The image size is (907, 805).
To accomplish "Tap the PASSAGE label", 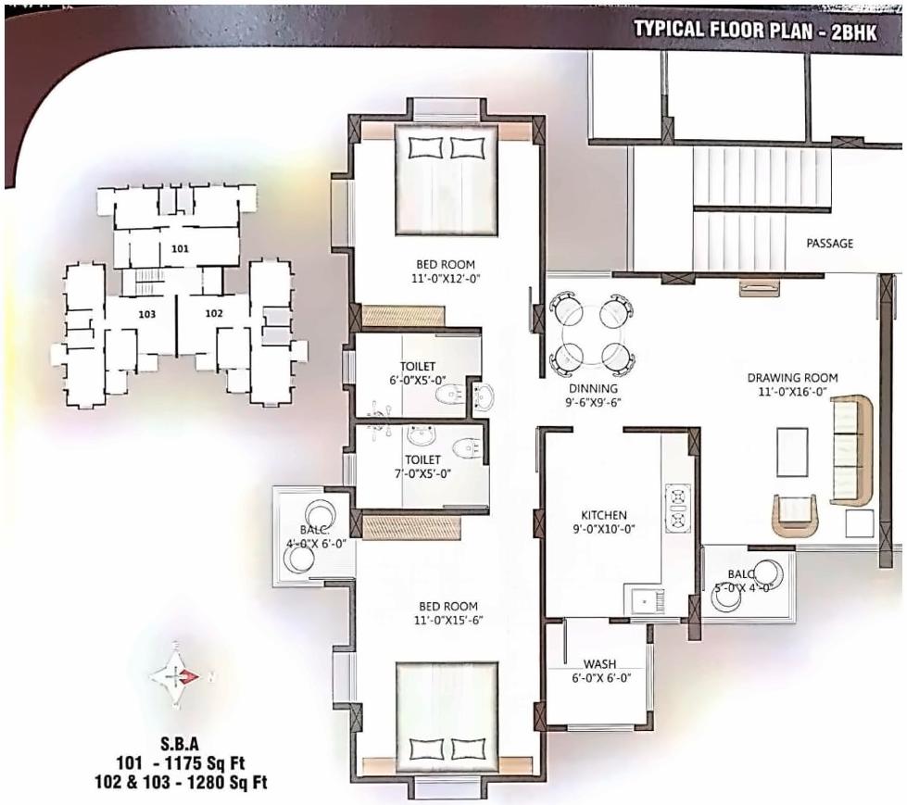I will pyautogui.click(x=829, y=244).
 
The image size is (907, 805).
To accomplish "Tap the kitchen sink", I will pyautogui.click(x=642, y=600).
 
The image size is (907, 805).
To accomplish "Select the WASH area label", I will pyautogui.click(x=599, y=664).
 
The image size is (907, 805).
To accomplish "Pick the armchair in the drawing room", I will pyautogui.click(x=796, y=515).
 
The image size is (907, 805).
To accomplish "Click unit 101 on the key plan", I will pyautogui.click(x=180, y=248).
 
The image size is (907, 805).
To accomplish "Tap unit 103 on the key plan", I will pyautogui.click(x=146, y=314).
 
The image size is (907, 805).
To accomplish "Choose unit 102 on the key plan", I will pyautogui.click(x=214, y=313).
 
